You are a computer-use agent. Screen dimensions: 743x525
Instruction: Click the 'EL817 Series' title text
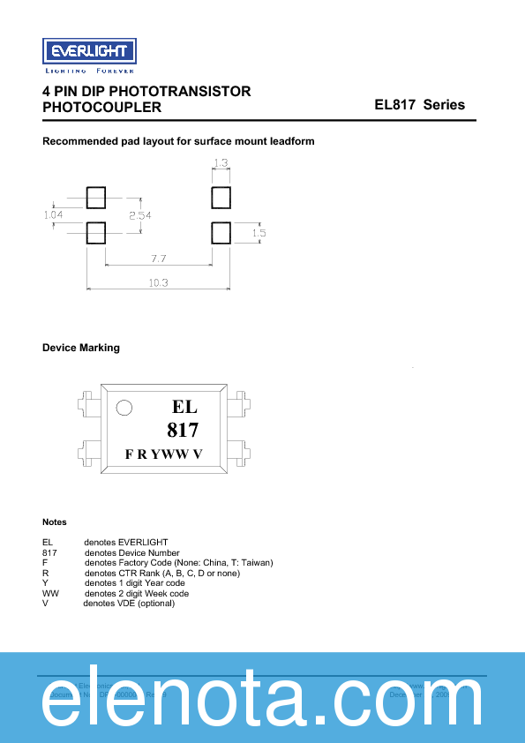point(419,105)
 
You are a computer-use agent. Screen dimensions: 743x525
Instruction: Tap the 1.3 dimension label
point(221,163)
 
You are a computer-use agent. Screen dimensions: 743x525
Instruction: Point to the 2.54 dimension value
point(140,214)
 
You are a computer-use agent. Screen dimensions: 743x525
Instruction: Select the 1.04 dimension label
point(53,214)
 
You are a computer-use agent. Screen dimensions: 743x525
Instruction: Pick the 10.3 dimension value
point(159,283)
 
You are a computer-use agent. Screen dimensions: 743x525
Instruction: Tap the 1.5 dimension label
point(259,233)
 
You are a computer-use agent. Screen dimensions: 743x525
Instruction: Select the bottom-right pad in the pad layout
point(221,233)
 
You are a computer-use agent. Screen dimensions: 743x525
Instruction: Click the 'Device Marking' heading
point(81,348)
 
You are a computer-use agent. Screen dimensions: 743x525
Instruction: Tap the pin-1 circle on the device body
point(124,408)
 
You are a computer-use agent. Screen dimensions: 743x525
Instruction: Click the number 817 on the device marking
point(183,431)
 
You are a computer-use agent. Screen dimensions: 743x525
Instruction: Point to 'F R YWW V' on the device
point(164,454)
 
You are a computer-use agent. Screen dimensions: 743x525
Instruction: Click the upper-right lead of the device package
point(235,408)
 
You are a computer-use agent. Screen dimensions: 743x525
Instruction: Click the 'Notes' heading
point(55,522)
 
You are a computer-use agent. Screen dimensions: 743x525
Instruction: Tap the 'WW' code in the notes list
point(50,594)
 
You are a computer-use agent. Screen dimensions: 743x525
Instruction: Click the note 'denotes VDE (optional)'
point(129,604)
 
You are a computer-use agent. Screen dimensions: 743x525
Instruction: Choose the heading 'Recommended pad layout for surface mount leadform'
point(178,141)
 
